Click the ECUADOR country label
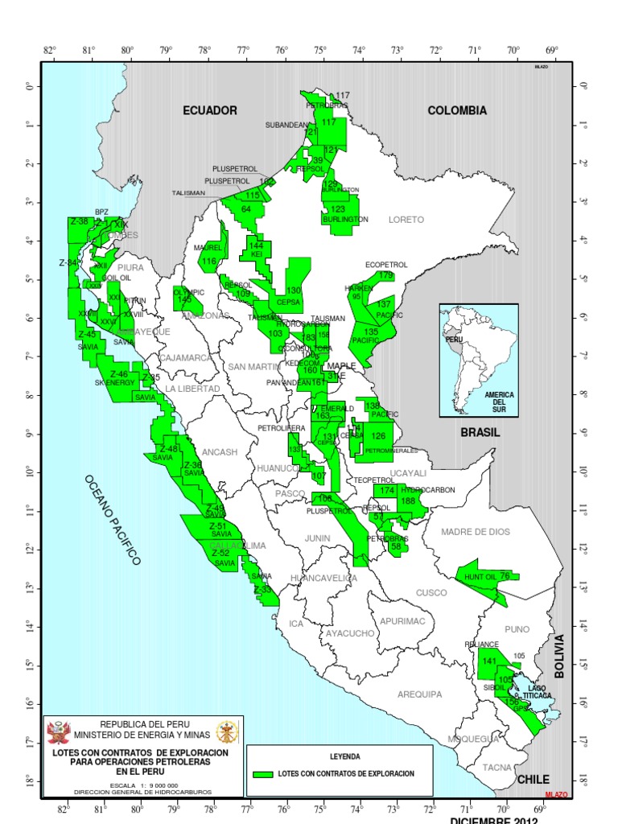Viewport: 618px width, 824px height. (209, 110)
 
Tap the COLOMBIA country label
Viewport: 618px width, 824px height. (457, 110)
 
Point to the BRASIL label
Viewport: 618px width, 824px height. (480, 432)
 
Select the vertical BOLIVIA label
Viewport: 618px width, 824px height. (560, 657)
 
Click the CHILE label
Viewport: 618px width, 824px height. (533, 779)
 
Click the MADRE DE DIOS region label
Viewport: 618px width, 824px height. (475, 531)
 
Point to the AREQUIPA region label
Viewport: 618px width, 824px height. (419, 694)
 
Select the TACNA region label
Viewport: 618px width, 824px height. (496, 767)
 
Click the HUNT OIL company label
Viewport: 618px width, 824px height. (480, 576)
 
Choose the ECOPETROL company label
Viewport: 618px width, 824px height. (386, 264)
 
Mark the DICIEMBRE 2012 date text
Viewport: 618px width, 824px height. (492, 819)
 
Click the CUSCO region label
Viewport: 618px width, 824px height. (431, 593)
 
